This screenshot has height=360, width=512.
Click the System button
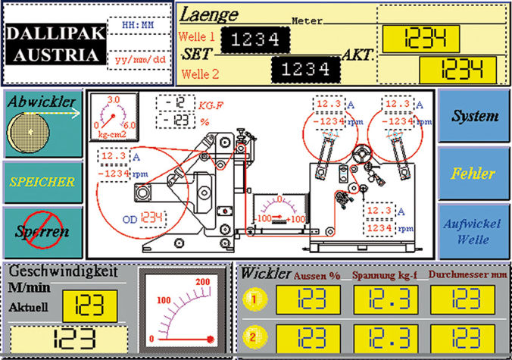pos(474,116)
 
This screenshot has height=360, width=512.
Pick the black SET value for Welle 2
pos(301,70)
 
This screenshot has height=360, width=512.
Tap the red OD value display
pos(152,218)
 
